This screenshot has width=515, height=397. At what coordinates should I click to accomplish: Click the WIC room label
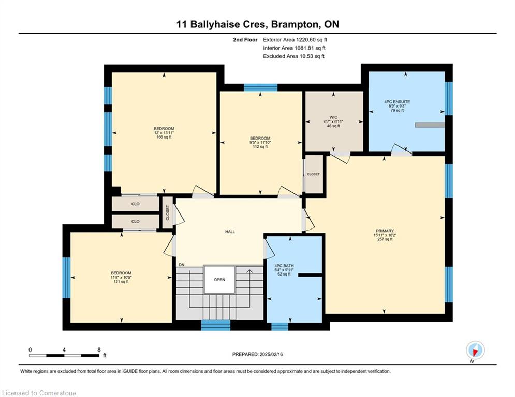333,117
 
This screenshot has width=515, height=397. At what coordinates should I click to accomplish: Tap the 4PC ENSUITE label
397,102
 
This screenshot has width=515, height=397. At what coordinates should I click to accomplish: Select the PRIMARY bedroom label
385,231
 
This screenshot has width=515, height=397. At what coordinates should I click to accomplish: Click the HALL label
230,232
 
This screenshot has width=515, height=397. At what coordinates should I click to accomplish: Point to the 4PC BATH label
284,266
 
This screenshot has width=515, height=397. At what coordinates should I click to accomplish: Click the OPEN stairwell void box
219,280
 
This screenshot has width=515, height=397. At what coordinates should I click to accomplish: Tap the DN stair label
182,265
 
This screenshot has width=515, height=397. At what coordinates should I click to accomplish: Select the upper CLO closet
135,204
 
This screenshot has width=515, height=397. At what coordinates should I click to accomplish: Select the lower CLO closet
135,221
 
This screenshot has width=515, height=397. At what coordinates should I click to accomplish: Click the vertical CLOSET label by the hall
168,212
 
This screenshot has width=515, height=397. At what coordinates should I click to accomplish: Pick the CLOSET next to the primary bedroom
313,174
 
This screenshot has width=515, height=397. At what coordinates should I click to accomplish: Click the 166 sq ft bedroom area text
164,137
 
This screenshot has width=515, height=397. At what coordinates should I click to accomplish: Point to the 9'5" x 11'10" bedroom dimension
260,142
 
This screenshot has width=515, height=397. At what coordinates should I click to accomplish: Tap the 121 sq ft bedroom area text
121,282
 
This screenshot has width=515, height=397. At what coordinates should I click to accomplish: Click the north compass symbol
475,350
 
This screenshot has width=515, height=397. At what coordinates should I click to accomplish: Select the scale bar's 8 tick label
99,350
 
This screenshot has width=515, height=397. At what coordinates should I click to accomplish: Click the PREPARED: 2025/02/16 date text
258,354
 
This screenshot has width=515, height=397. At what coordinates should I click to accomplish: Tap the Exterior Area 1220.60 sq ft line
295,40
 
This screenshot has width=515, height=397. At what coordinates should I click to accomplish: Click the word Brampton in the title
295,25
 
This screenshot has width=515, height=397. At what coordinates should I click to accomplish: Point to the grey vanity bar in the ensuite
430,125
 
